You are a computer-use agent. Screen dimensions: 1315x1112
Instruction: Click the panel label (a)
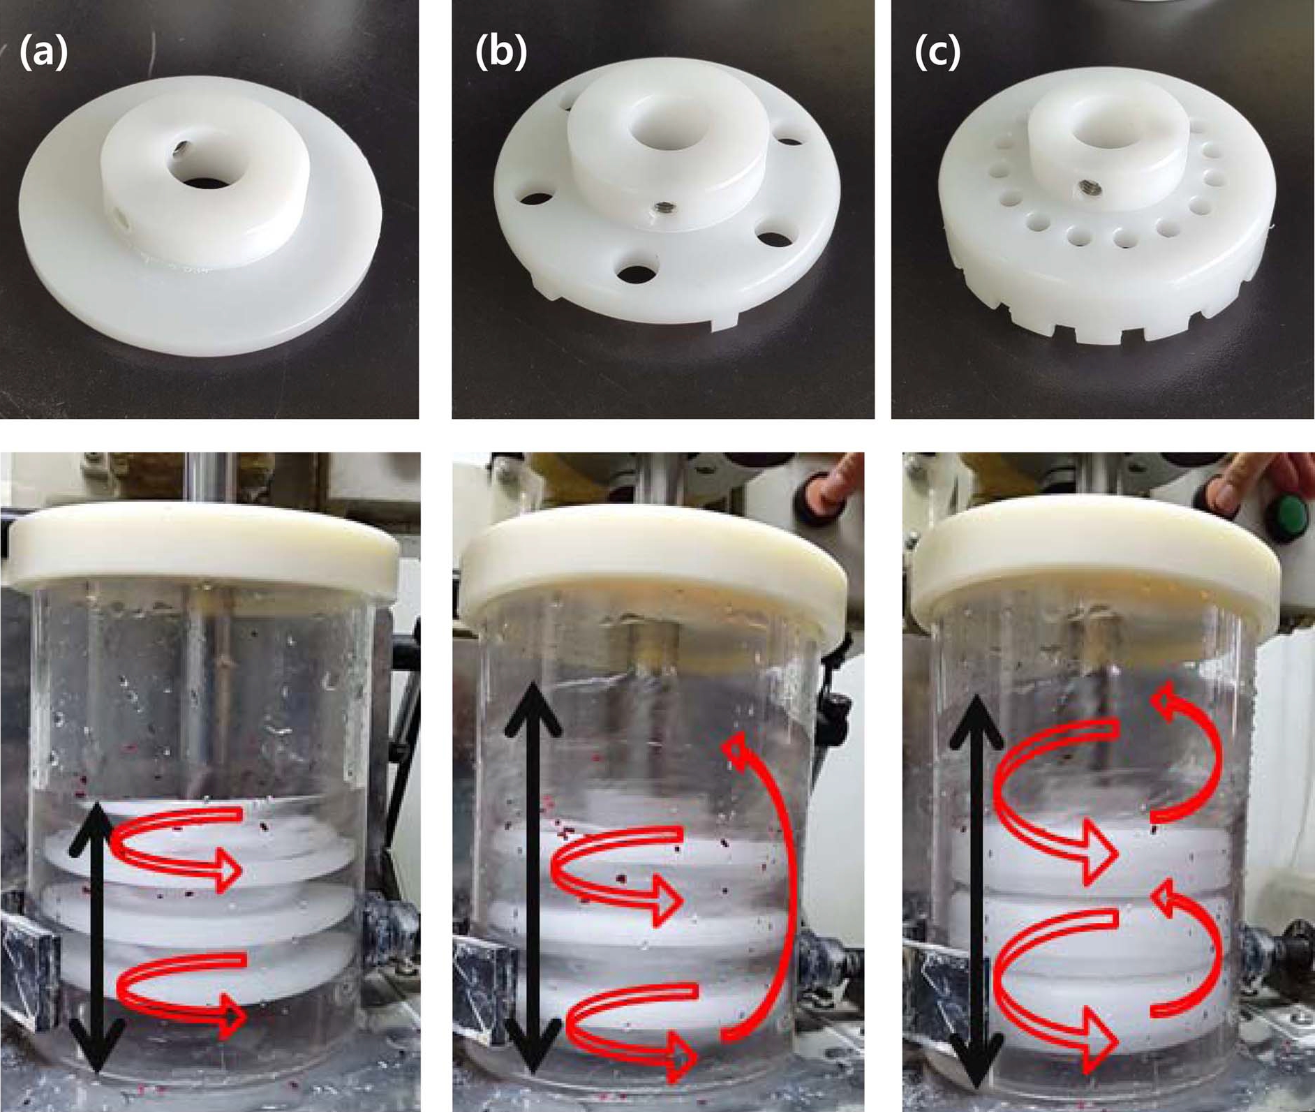pyautogui.click(x=44, y=53)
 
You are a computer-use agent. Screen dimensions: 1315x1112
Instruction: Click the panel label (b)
pyautogui.click(x=501, y=53)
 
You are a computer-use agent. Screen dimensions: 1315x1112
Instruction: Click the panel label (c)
pyautogui.click(x=937, y=53)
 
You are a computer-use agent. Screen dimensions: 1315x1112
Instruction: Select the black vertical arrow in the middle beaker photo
pyautogui.click(x=533, y=877)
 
